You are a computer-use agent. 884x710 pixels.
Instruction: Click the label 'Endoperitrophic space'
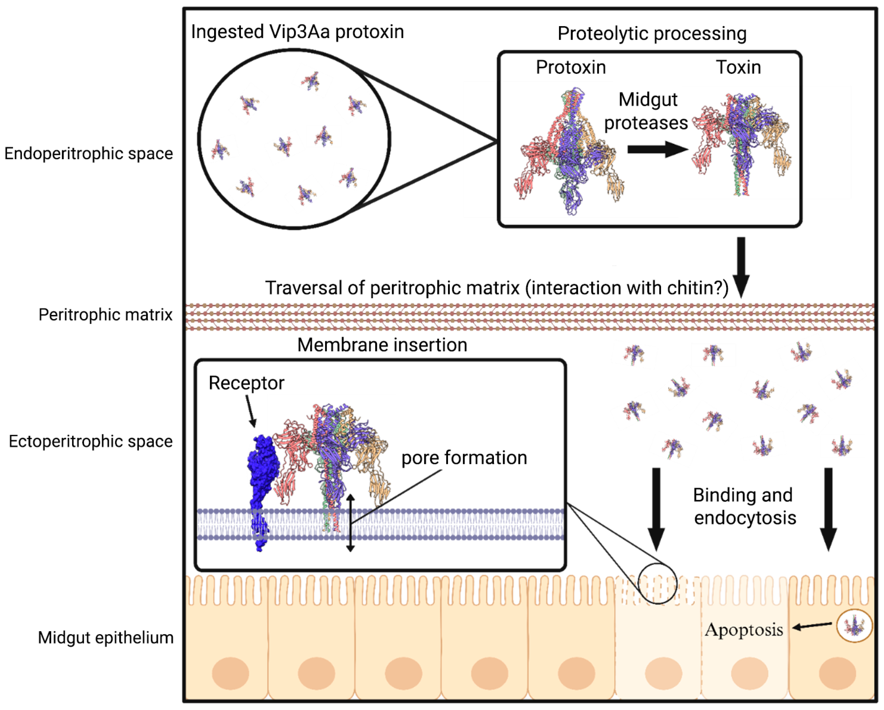click(89, 154)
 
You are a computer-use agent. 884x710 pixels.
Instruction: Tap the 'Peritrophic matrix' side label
click(105, 315)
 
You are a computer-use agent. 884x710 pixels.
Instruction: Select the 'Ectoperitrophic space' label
click(90, 441)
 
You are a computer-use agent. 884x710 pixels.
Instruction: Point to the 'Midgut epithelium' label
click(105, 638)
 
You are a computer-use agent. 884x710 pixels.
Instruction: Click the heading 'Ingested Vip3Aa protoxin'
click(297, 32)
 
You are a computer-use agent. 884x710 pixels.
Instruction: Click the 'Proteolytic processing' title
click(652, 34)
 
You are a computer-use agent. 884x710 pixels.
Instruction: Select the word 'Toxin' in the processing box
click(738, 67)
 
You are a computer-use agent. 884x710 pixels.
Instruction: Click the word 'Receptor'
click(246, 383)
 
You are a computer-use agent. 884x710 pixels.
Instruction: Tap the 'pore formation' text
click(464, 458)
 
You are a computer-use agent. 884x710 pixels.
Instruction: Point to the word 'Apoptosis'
click(743, 630)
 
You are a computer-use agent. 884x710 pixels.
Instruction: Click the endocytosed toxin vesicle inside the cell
click(854, 626)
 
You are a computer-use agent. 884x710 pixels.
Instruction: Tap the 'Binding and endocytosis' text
click(744, 506)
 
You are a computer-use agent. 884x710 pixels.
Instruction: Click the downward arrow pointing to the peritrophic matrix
click(741, 266)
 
